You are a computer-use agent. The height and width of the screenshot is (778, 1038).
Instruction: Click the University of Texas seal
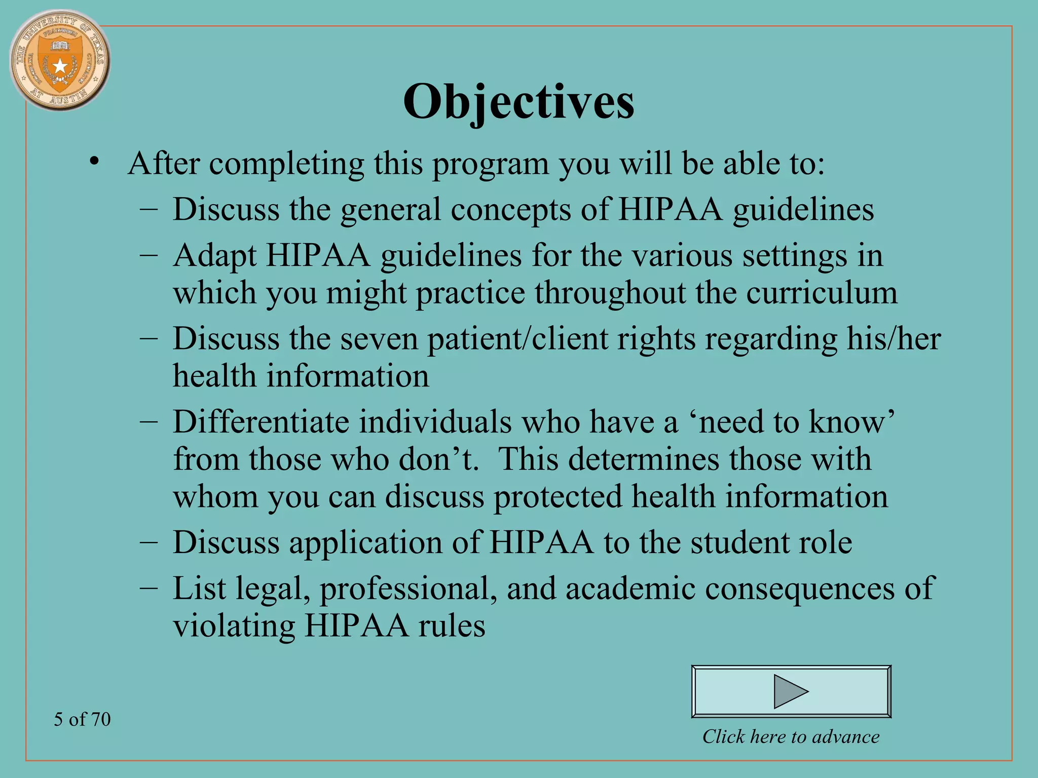60,60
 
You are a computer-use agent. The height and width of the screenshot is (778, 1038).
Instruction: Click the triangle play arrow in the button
790,691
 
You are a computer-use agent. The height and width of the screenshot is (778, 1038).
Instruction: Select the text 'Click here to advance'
791,736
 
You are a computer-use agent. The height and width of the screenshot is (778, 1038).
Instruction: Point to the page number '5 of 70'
82,719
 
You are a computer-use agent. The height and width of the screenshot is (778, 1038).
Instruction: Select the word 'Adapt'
214,255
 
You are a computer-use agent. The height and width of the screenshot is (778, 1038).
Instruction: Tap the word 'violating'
234,626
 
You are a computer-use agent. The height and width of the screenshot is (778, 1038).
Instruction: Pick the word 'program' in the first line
490,165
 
